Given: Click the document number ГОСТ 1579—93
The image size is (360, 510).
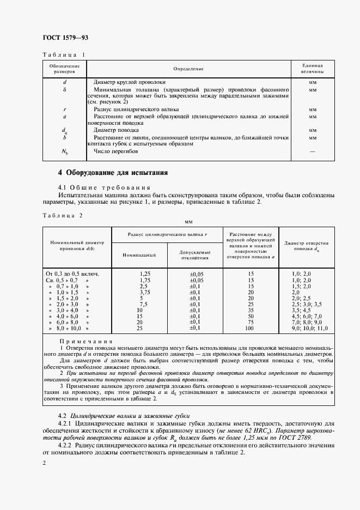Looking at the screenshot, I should pyautogui.click(x=65, y=38).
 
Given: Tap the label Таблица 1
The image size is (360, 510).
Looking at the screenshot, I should pyautogui.click(x=64, y=55).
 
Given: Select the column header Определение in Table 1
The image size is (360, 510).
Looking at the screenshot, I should pyautogui.click(x=188, y=69).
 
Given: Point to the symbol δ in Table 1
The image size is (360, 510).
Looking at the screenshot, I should pyautogui.click(x=64, y=88).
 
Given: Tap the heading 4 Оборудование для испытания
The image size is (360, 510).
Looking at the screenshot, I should pyautogui.click(x=113, y=173).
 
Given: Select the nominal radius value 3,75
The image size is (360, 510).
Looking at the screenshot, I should pyautogui.click(x=144, y=292).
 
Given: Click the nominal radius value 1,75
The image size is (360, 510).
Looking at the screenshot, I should pyautogui.click(x=144, y=279).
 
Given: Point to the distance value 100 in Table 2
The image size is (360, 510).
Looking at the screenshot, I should pyautogui.click(x=250, y=329).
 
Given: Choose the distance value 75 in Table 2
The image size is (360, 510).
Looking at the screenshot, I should pyautogui.click(x=250, y=322).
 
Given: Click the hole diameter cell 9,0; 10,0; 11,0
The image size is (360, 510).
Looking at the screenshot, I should pyautogui.click(x=310, y=329).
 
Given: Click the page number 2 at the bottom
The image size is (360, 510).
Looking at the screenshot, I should pyautogui.click(x=44, y=463).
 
